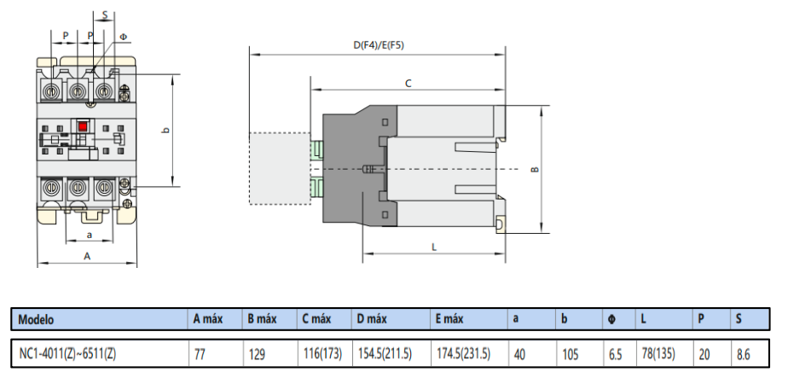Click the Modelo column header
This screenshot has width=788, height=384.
pos(36,319)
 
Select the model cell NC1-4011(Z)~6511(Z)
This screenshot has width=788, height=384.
pos(67,353)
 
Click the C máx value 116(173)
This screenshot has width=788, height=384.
pos(322,353)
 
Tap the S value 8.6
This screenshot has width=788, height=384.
pos(743,353)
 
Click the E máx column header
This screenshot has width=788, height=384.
pos(449,319)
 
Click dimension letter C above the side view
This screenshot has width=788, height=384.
pos(408,84)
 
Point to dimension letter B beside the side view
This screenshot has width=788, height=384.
pos(535,169)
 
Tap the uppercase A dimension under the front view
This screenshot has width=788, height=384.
pos(87,255)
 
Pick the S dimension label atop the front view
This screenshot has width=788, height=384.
pos(104,15)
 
